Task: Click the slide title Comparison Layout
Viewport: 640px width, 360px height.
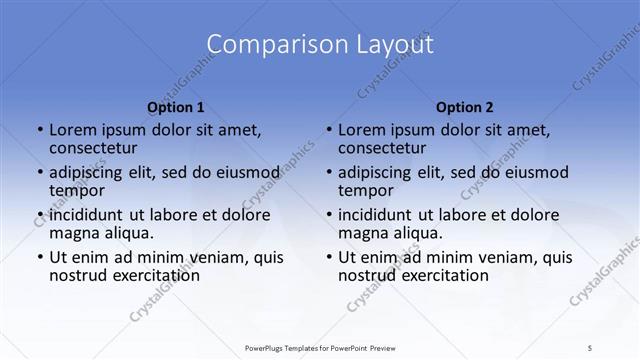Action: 320,45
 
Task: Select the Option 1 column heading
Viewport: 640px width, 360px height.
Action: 176,106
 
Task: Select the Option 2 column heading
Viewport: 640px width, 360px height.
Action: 465,106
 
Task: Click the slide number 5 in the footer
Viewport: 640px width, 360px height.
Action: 591,347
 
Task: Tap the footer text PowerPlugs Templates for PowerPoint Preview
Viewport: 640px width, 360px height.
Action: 320,347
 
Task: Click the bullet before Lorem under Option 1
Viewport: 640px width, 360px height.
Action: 39,131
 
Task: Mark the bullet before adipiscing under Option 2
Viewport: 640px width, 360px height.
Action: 328,173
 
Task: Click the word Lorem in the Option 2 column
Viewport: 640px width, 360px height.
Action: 361,130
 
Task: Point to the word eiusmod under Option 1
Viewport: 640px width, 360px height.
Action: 243,172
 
